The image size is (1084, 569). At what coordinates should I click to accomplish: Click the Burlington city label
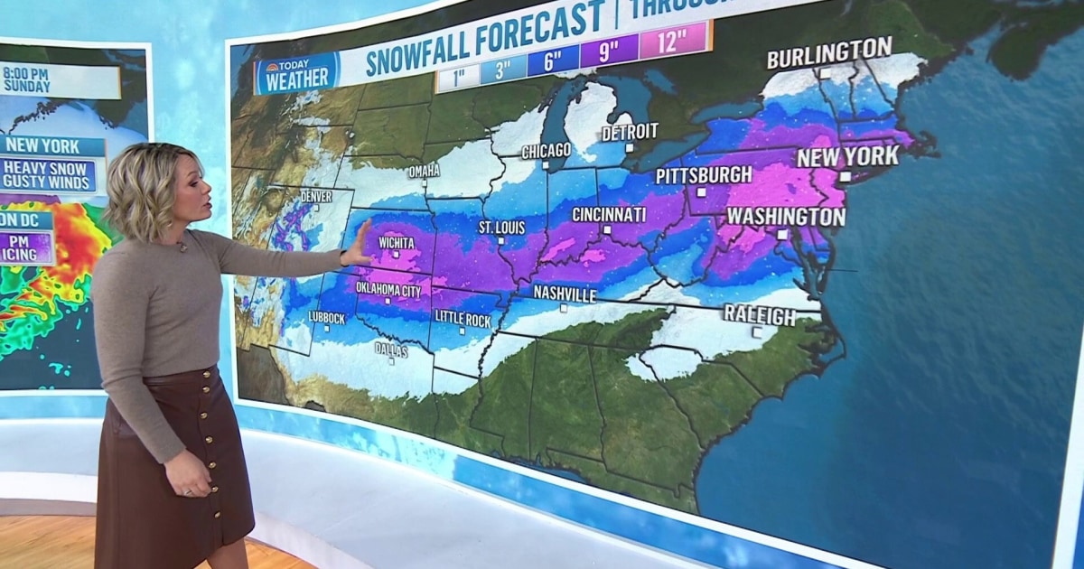click(x=828, y=53)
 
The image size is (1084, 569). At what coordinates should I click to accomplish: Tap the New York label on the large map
click(x=846, y=156)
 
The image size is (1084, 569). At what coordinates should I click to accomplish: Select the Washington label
click(x=785, y=217)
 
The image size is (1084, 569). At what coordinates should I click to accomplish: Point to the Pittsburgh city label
click(x=703, y=174)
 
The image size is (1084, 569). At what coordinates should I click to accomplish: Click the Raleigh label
click(x=759, y=315)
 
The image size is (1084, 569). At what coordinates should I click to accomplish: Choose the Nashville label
click(x=564, y=294)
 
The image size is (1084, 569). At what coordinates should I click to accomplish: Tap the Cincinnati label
click(x=608, y=215)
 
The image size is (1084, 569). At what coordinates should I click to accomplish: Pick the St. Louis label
click(x=501, y=228)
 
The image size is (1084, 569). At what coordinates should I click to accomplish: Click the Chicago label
click(x=546, y=150)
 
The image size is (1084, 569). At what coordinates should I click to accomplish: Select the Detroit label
click(x=629, y=132)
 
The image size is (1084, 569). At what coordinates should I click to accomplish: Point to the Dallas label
click(x=391, y=350)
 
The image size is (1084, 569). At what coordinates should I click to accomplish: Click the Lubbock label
click(x=326, y=318)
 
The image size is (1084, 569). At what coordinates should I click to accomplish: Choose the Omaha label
click(x=424, y=171)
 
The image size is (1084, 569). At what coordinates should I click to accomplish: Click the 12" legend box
click(x=672, y=41)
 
